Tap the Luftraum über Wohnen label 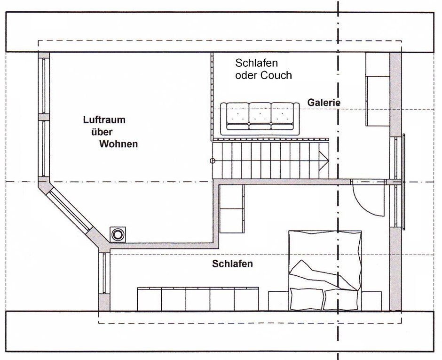coord(111,132)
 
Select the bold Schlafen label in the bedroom coord(232,264)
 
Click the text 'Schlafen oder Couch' coord(263,69)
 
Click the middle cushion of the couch coord(260,115)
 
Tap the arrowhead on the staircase coord(324,160)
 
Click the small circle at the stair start coord(213,161)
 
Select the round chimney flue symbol coord(118,234)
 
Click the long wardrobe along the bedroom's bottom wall coord(198,299)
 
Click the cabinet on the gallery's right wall coord(377,89)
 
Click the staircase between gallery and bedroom coord(270,160)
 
